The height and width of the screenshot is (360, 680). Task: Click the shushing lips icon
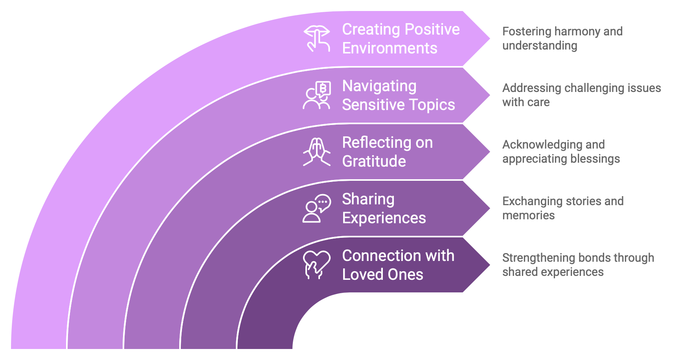pyautogui.click(x=317, y=39)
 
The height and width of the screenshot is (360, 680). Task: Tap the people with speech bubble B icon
pyautogui.click(x=317, y=95)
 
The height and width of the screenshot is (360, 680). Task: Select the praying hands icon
pyautogui.click(x=317, y=152)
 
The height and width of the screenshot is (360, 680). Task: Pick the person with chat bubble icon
pyautogui.click(x=317, y=208)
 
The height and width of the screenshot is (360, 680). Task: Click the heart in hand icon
pyautogui.click(x=317, y=265)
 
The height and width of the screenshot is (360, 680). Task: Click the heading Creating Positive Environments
pyautogui.click(x=401, y=39)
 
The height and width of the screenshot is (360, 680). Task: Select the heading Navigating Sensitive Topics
pyautogui.click(x=398, y=95)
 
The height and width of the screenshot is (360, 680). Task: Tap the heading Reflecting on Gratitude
pyautogui.click(x=387, y=152)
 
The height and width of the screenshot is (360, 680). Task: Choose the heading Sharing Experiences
pyautogui.click(x=384, y=208)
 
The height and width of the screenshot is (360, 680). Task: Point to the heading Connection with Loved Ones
pyautogui.click(x=398, y=265)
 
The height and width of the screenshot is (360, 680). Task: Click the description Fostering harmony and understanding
pyautogui.click(x=562, y=39)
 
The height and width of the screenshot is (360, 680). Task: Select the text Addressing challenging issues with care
pyautogui.click(x=581, y=95)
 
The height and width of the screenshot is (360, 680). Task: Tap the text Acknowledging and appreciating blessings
pyautogui.click(x=561, y=152)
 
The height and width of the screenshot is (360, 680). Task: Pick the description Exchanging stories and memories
pyautogui.click(x=562, y=208)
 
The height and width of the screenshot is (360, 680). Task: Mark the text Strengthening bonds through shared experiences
pyautogui.click(x=578, y=265)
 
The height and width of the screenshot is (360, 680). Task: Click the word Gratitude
pyautogui.click(x=374, y=162)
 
